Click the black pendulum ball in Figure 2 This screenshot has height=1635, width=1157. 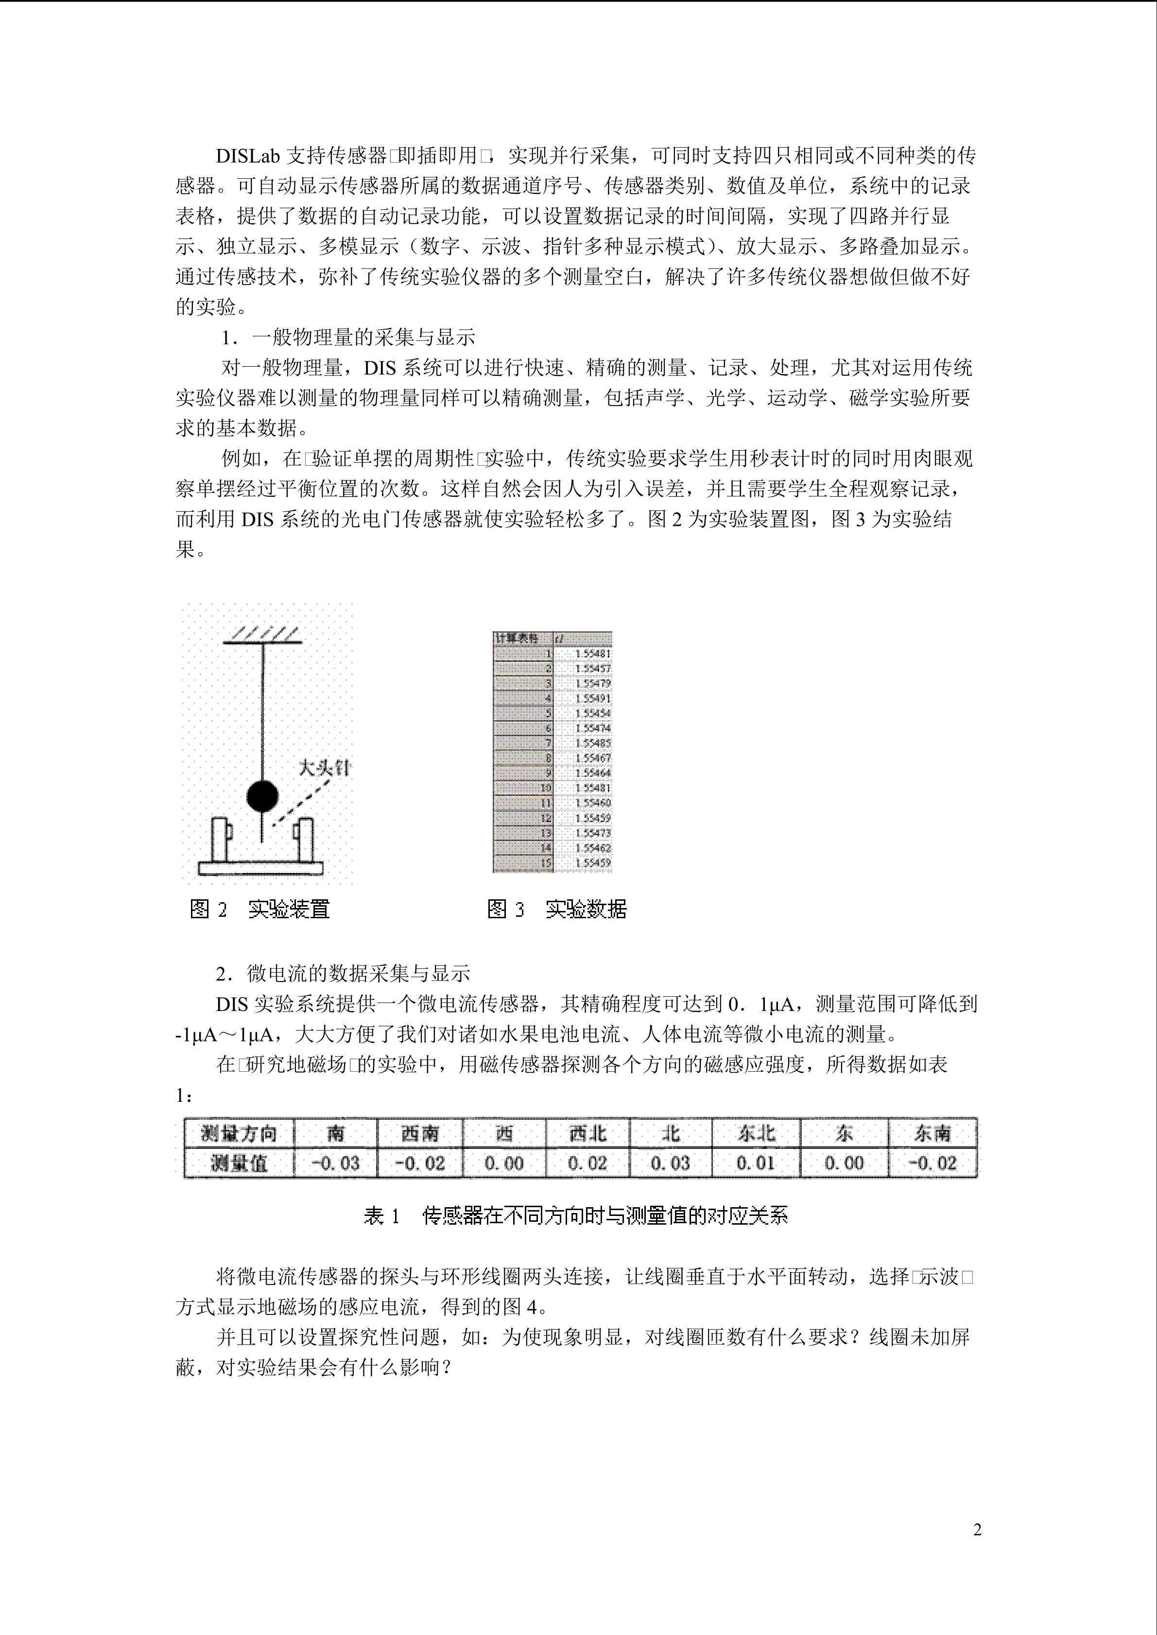tap(262, 796)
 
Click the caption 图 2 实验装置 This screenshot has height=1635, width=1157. tap(260, 909)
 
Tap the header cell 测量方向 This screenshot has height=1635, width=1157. tap(239, 1133)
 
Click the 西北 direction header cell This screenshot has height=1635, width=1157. tap(588, 1133)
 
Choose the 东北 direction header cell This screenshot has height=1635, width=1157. tap(756, 1133)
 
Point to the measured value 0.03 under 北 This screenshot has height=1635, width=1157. tap(671, 1163)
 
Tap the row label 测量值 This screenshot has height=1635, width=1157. tap(239, 1163)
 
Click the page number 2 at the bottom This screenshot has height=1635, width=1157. tap(978, 1530)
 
